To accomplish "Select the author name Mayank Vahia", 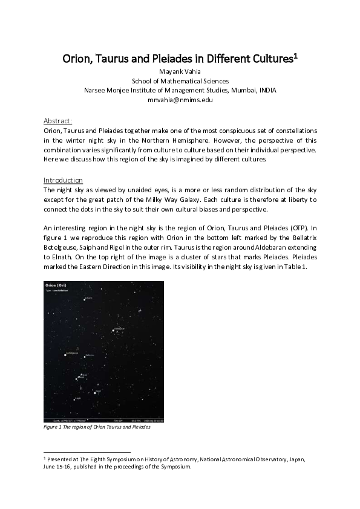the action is [x=180, y=71].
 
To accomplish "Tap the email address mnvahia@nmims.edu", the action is [x=180, y=100].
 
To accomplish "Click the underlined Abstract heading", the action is [x=58, y=121].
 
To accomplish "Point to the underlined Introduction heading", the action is [x=63, y=180].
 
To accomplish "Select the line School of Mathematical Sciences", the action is [x=180, y=80].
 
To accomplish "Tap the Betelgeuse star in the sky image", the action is [x=65, y=355].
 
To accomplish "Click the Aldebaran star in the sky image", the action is [x=113, y=330].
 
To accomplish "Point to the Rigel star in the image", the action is [x=94, y=393].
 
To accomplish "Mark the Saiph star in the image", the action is [x=74, y=400].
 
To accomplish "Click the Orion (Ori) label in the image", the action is [x=55, y=285].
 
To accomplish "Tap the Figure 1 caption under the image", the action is [x=97, y=427].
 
